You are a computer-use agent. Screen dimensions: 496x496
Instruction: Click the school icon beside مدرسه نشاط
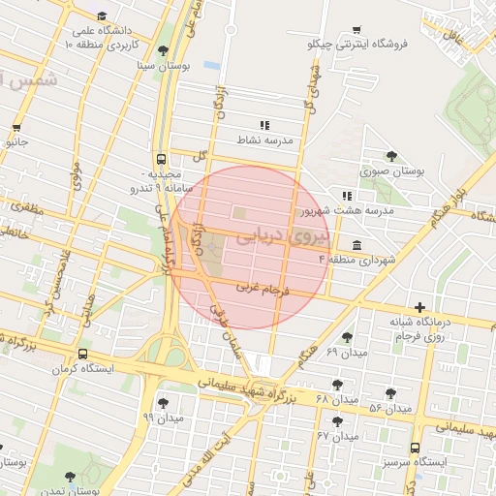point(263,125)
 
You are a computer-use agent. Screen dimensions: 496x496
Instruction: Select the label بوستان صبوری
point(393,170)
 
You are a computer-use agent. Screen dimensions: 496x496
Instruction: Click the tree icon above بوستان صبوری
point(391,155)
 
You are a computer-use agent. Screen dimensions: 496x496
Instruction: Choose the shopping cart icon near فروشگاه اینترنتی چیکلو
point(357,28)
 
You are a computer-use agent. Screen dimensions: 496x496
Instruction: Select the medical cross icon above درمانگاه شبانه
point(418,307)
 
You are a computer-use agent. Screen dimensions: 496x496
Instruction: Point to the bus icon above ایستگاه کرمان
point(82,354)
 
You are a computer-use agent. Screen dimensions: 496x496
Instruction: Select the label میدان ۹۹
point(163,418)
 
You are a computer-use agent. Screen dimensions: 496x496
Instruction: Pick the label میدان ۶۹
point(347,353)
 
